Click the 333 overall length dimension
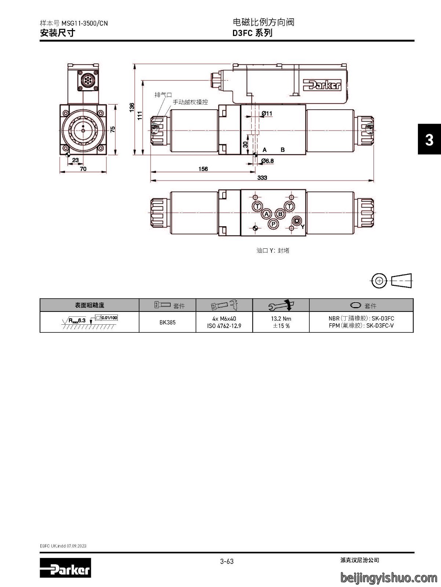pyautogui.click(x=262, y=178)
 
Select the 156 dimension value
pyautogui.click(x=203, y=169)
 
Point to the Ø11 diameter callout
pyautogui.click(x=267, y=113)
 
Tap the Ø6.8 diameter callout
pyautogui.click(x=267, y=161)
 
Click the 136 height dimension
pyautogui.click(x=132, y=107)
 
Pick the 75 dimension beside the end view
pyautogui.click(x=113, y=129)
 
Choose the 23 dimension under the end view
pyautogui.click(x=76, y=160)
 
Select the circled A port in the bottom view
pyautogui.click(x=266, y=214)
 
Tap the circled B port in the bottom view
pyautogui.click(x=280, y=214)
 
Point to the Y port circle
pyautogui.click(x=296, y=221)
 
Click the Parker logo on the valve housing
pyautogui.click(x=322, y=85)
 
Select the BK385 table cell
pyautogui.click(x=167, y=322)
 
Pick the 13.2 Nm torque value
pyautogui.click(x=281, y=318)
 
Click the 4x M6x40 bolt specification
pyautogui.click(x=224, y=318)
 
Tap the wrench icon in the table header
pyautogui.click(x=281, y=305)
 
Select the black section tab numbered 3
pyautogui.click(x=429, y=139)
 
